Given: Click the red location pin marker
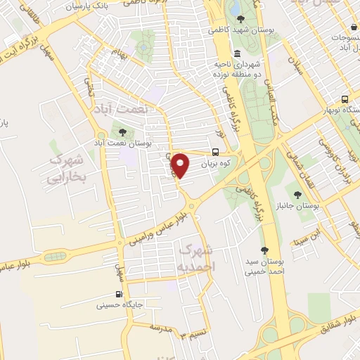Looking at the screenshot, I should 181,165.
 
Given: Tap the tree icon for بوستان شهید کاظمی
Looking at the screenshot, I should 241,19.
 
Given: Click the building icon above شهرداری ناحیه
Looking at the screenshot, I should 237,54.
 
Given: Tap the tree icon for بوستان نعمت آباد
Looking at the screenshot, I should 124,131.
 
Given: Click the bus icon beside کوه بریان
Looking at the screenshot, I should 214,152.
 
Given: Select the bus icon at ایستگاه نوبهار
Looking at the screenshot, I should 345,99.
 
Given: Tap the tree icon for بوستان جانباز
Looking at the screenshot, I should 298,195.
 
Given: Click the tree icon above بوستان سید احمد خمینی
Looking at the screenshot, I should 264,250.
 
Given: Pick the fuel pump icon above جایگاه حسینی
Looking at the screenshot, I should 118,295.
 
